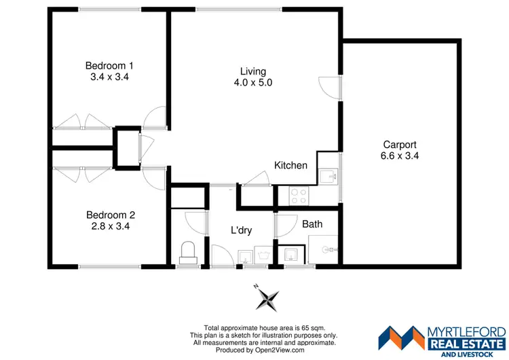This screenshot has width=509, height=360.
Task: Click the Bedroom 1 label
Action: point(109,65)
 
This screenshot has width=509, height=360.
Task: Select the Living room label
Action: point(253,71)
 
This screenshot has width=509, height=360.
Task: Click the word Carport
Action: point(400,144)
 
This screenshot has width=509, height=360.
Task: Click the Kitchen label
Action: point(290,165)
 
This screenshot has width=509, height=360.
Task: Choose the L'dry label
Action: point(241,230)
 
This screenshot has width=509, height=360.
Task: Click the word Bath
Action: point(312,223)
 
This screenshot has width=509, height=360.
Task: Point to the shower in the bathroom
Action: point(324,249)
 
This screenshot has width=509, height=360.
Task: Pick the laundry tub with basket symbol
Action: point(244,256)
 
